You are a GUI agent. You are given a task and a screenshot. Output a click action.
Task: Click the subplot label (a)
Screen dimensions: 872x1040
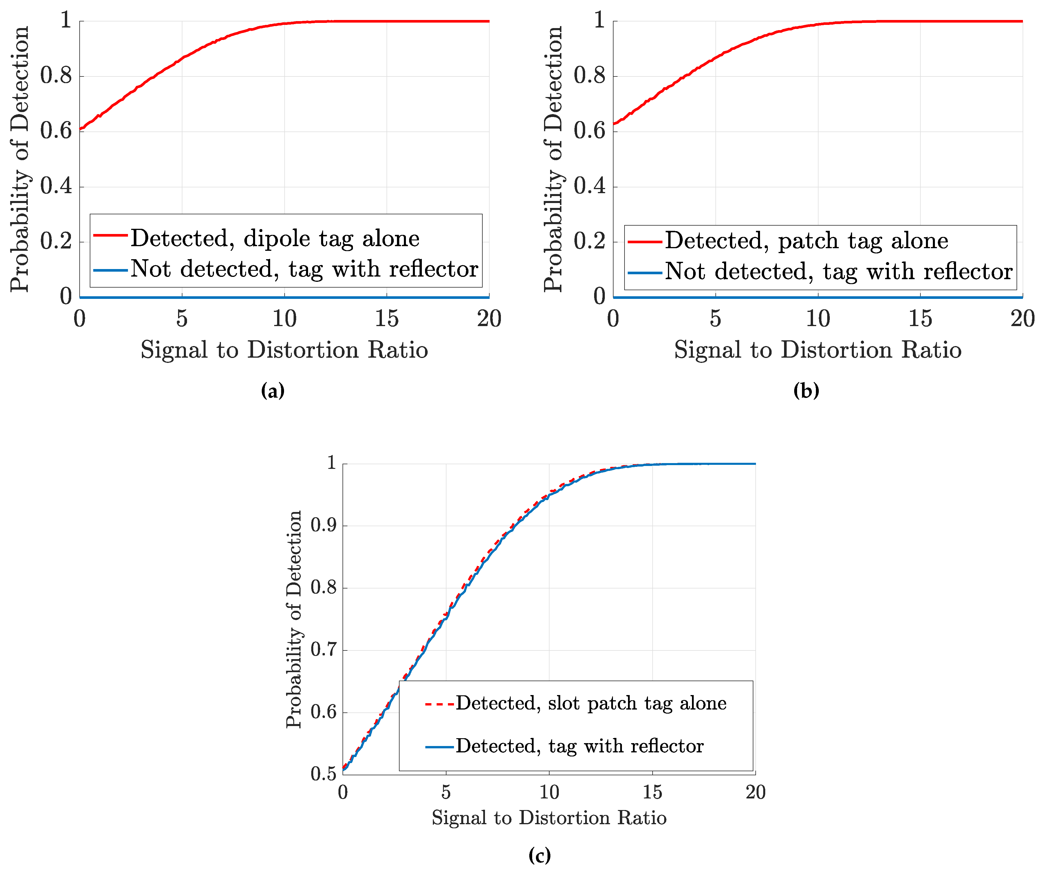(272, 391)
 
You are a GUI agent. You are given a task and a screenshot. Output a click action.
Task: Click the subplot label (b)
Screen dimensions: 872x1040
(806, 391)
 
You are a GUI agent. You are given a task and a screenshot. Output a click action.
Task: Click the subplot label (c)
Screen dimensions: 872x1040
(539, 855)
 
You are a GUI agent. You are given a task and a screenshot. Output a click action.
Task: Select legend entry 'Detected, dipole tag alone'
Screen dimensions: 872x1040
(275, 238)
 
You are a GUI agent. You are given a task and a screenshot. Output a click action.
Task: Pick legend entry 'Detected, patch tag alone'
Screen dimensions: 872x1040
(806, 241)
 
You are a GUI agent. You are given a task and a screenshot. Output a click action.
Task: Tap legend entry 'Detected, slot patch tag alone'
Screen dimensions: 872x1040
(591, 703)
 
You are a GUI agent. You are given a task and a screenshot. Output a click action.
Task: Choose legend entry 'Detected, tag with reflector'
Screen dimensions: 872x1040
(579, 746)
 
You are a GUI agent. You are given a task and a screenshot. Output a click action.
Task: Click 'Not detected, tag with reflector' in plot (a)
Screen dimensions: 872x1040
(304, 269)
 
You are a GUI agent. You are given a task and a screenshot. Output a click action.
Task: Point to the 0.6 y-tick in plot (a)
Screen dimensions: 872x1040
(56, 131)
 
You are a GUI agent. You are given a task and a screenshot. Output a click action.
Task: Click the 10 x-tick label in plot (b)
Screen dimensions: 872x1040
(818, 319)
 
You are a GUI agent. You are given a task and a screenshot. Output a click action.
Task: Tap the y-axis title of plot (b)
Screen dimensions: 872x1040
(553, 158)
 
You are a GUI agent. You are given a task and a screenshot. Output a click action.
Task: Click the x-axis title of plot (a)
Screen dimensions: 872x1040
(284, 350)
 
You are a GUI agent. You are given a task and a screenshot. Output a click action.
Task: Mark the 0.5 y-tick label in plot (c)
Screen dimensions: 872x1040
(323, 774)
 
